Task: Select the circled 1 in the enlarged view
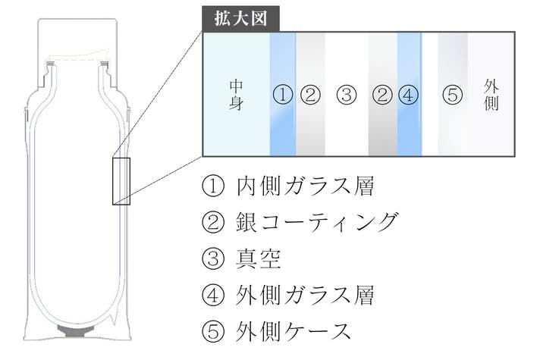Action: (x=281, y=95)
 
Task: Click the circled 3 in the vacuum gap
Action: (x=346, y=95)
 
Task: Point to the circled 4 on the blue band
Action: (x=407, y=95)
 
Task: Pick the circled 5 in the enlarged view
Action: (x=451, y=95)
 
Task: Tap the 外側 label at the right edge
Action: (x=491, y=95)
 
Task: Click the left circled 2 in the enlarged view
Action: (x=309, y=95)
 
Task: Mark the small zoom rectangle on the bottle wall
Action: (x=121, y=180)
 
